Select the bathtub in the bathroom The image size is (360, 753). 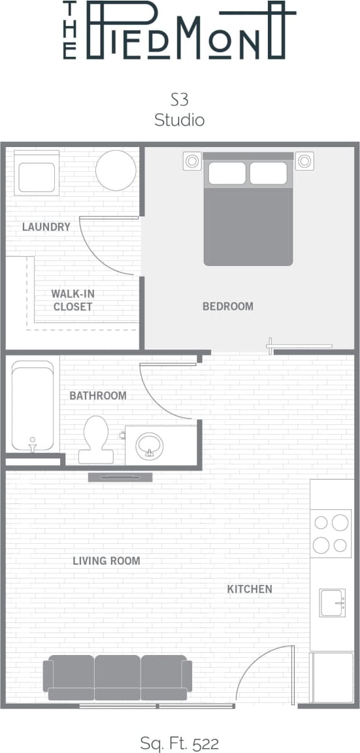coord(32,405)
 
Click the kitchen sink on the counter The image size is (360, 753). coord(331,602)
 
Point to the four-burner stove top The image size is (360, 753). coord(331,533)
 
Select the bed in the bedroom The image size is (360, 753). coord(248,216)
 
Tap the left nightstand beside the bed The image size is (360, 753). coord(192,160)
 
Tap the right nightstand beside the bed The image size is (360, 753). coord(304,160)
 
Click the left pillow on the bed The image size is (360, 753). coord(227,173)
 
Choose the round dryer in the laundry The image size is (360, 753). coord(116,170)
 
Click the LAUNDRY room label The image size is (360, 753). coord(46,227)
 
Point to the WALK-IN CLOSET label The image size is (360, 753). coord(73,300)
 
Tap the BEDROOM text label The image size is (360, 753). coord(227,306)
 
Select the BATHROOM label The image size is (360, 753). coord(98,395)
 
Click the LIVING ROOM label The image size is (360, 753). coord(106,561)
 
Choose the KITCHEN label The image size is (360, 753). coord(250,589)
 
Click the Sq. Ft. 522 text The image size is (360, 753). coord(180,743)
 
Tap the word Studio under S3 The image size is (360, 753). coord(180,120)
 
